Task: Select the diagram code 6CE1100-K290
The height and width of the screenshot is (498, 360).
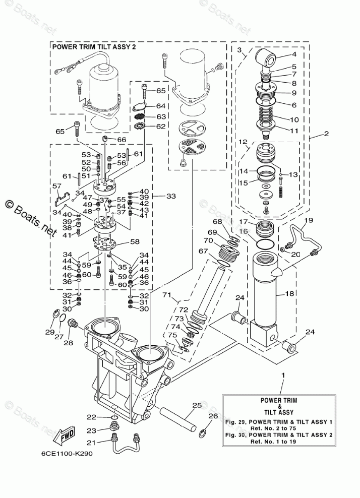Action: (67, 454)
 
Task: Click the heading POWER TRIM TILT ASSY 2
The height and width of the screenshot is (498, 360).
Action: (94, 47)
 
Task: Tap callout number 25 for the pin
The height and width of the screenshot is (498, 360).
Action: (197, 406)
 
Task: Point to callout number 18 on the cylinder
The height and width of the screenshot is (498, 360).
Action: (289, 293)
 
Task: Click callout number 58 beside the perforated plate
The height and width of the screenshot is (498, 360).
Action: (135, 242)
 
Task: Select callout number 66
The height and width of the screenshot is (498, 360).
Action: (122, 140)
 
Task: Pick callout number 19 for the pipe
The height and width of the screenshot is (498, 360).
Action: (309, 220)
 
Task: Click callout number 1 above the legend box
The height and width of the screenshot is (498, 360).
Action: (283, 376)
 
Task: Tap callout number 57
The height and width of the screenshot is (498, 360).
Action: (57, 186)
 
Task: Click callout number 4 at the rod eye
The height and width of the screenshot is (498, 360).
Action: (294, 54)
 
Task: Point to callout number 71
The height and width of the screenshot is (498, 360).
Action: (167, 295)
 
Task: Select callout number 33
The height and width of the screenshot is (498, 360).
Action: (171, 196)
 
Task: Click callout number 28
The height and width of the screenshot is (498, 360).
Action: (68, 343)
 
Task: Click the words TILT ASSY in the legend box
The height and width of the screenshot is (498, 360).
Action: (279, 413)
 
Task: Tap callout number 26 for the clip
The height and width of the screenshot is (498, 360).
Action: (213, 416)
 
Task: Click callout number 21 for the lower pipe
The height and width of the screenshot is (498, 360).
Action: (91, 442)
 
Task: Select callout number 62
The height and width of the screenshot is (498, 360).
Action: (161, 127)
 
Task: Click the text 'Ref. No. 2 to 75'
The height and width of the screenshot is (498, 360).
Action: (278, 428)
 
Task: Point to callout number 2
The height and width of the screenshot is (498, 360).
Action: (326, 134)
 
